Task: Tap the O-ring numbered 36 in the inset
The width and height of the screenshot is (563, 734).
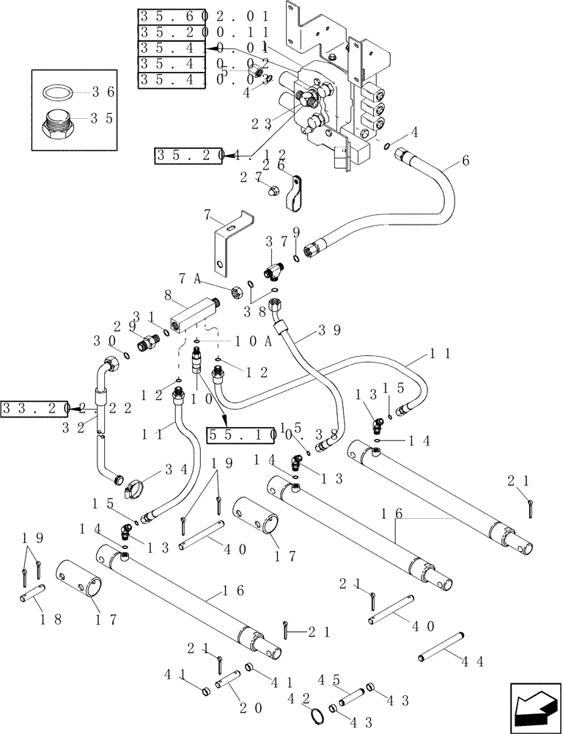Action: [60, 92]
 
